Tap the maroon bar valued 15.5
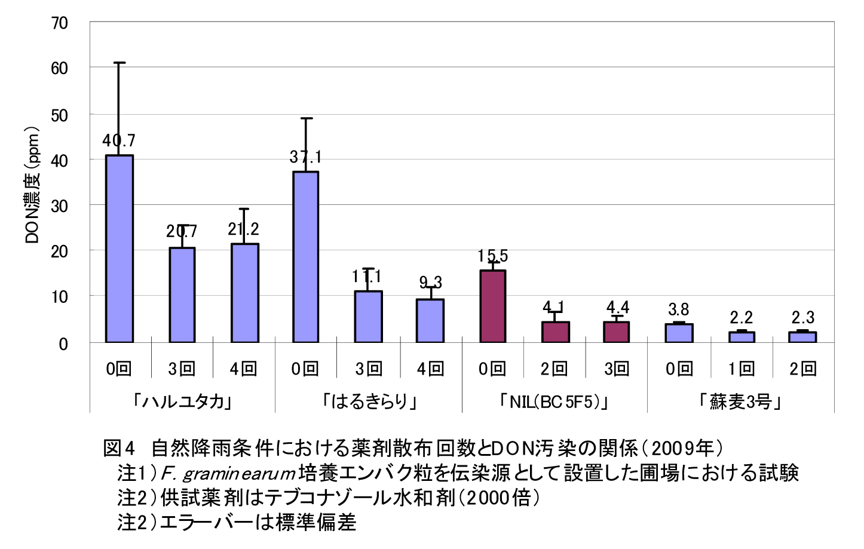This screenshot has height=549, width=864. (493, 306)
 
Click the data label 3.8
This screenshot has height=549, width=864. (679, 309)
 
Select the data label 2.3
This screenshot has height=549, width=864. (803, 317)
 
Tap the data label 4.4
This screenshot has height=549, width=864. (618, 307)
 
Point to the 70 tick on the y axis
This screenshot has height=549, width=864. (60, 23)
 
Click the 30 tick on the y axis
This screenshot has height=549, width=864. (60, 206)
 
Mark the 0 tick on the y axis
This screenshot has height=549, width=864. (63, 343)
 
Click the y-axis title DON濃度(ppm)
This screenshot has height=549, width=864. (32, 185)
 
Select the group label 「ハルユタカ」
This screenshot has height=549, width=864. (182, 400)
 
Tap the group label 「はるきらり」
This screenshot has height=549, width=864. (369, 400)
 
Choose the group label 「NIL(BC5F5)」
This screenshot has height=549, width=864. (554, 401)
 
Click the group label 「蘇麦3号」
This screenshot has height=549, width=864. (740, 401)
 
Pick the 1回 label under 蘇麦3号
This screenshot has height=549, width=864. (741, 369)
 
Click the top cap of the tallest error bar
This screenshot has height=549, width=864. (120, 63)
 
